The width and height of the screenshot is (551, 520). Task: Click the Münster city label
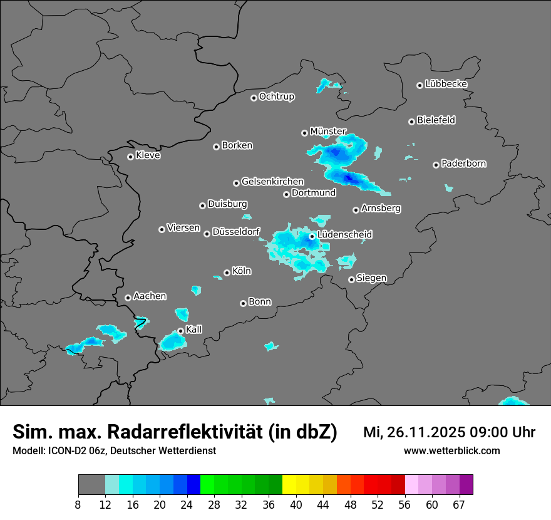328,131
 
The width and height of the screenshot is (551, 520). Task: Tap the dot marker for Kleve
130,157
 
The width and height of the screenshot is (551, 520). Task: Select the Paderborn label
463,164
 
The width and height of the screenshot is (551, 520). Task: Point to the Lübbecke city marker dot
420,85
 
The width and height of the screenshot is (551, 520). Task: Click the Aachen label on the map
150,296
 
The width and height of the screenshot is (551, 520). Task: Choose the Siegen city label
371,278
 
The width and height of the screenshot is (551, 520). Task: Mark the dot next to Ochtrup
254,97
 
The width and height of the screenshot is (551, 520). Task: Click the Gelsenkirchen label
272,182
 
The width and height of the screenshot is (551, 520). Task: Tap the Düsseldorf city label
236,232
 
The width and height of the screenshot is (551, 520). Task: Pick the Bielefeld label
436,120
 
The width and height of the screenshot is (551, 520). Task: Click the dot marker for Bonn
243,303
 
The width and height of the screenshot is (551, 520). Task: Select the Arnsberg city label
381,208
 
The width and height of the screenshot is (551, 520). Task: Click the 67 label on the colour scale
459,504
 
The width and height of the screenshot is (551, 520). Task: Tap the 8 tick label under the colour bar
78,504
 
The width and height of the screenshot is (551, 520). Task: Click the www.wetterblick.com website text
451,450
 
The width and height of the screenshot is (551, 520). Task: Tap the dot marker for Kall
180,331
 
